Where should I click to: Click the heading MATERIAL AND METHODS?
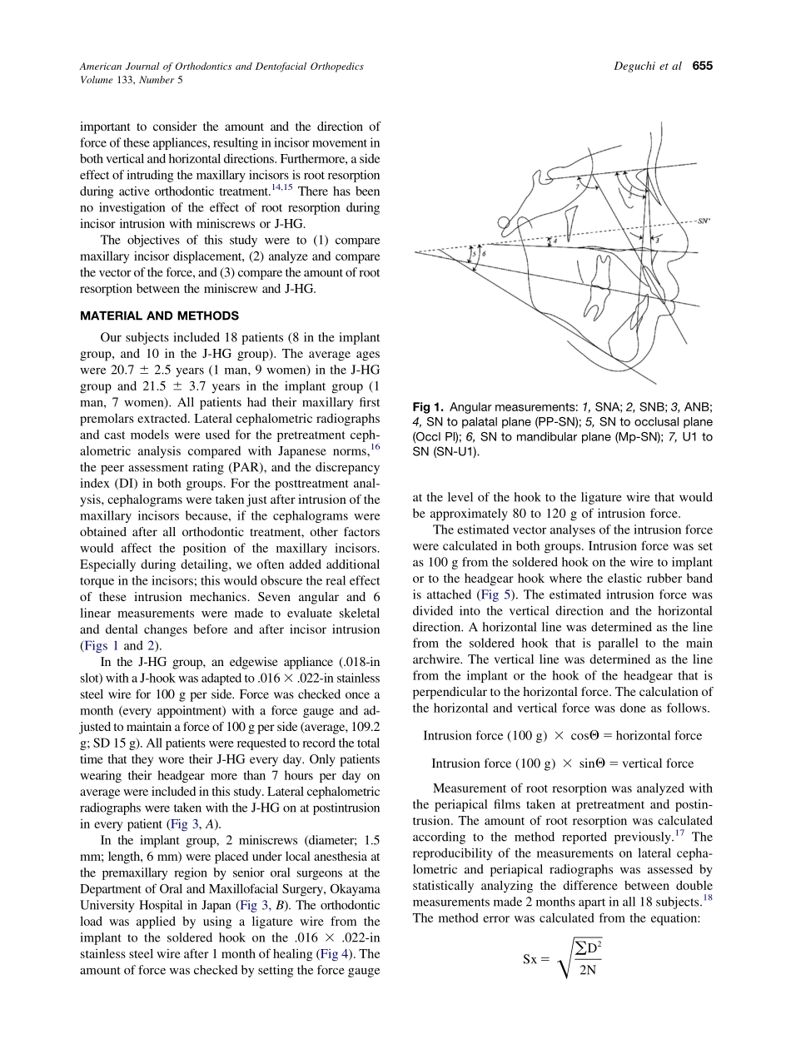click(159, 316)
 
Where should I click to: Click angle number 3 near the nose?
click(658, 240)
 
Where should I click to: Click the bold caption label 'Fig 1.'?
click(428, 406)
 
